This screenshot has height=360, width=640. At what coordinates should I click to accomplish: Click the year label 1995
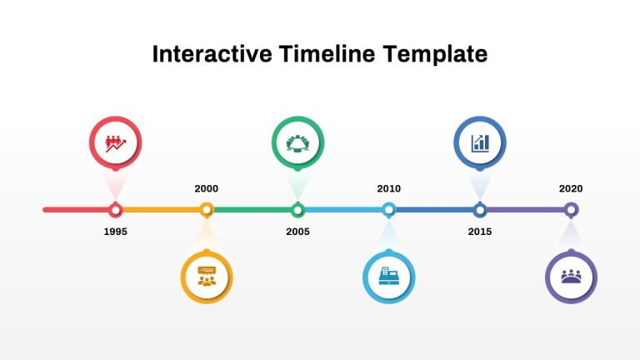tap(116, 232)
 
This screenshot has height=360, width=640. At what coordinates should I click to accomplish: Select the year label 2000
tap(207, 188)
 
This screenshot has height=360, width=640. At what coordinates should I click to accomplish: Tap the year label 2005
tap(297, 232)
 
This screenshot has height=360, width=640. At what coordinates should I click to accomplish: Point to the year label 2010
tap(388, 188)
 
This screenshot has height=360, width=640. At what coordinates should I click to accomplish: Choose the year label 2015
tap(479, 232)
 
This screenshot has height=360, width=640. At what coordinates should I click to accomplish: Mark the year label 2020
tap(571, 188)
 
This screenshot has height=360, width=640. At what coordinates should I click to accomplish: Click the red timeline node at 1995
tap(116, 210)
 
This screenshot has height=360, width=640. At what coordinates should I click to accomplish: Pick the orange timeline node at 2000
tap(207, 210)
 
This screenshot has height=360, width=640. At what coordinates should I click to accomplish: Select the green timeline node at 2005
tap(297, 210)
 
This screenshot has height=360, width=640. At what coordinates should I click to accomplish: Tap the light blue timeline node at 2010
tap(388, 210)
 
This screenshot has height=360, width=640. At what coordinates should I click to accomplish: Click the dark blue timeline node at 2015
tap(479, 210)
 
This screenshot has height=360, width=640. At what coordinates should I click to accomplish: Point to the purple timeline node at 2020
tap(571, 210)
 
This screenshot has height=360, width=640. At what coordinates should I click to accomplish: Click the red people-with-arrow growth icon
tap(116, 142)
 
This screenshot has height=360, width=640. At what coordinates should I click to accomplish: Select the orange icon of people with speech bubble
tap(207, 277)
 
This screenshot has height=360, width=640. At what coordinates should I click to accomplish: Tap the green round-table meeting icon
tap(297, 142)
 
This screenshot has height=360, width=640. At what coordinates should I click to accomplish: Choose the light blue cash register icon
tap(388, 277)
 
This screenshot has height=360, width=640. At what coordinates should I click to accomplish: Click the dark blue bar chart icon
tap(479, 142)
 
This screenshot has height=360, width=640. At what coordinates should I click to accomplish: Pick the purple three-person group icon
tap(571, 277)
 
